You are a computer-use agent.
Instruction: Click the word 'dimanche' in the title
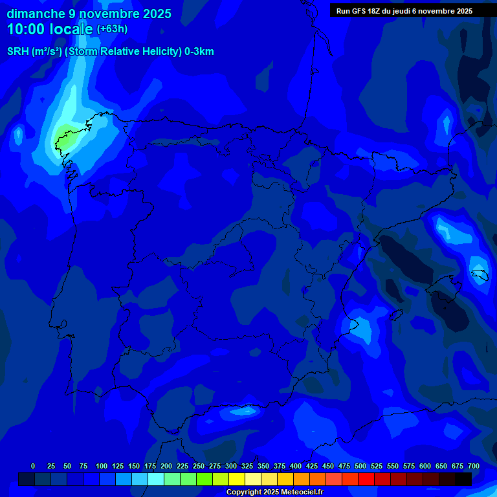click(x=36, y=14)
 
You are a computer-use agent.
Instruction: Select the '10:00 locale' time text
click(x=50, y=29)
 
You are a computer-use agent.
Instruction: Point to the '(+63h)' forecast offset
click(x=113, y=29)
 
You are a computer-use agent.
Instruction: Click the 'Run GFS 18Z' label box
click(x=404, y=11)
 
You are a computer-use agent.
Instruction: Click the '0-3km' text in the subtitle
click(x=199, y=52)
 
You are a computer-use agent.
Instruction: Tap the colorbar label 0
click(x=33, y=466)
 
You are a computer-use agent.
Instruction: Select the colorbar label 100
click(x=102, y=466)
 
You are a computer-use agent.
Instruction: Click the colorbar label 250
click(x=199, y=466)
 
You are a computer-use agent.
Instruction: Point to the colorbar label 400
click(x=296, y=466)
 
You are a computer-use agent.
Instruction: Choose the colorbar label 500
click(x=360, y=466)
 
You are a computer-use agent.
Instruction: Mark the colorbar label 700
click(x=473, y=466)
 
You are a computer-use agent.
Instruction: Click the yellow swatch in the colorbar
click(x=236, y=480)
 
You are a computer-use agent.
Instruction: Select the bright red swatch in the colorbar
click(x=366, y=480)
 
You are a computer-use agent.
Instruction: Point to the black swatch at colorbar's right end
click(x=463, y=480)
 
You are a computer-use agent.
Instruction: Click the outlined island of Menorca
click(x=480, y=276)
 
